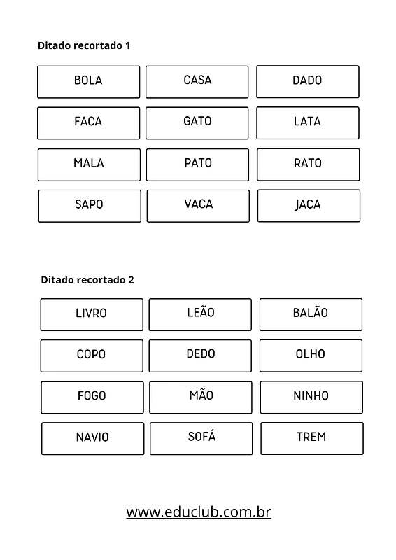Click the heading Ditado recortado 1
[84, 45]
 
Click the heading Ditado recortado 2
[87, 280]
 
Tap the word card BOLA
[89, 82]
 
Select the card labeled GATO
[197, 123]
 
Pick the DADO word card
[308, 81]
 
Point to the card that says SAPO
[90, 206]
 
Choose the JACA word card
[309, 206]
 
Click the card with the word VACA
[198, 206]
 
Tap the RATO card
[308, 164]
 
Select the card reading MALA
[90, 164]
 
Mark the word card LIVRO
[92, 314]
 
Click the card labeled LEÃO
[200, 314]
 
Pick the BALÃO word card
[311, 314]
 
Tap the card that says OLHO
[311, 356]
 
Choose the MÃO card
[201, 398]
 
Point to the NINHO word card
[311, 397]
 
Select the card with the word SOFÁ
[201, 439]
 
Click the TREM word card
[312, 439]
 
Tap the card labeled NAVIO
[93, 439]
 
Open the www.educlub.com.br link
[199, 512]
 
